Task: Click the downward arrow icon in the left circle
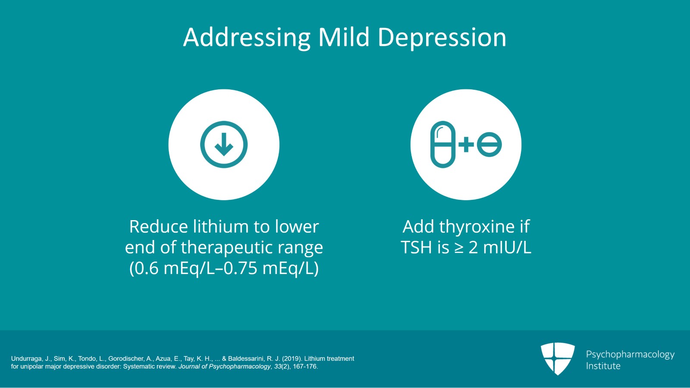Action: [224, 145]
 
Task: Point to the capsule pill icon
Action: [443, 145]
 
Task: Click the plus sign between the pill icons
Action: [466, 145]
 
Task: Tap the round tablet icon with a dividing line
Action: [489, 145]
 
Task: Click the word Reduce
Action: [158, 227]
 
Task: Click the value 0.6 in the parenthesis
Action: [147, 268]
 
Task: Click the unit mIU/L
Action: [507, 248]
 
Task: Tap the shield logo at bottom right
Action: [558, 358]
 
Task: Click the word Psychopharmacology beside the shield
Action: [630, 354]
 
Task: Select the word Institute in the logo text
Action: [603, 366]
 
